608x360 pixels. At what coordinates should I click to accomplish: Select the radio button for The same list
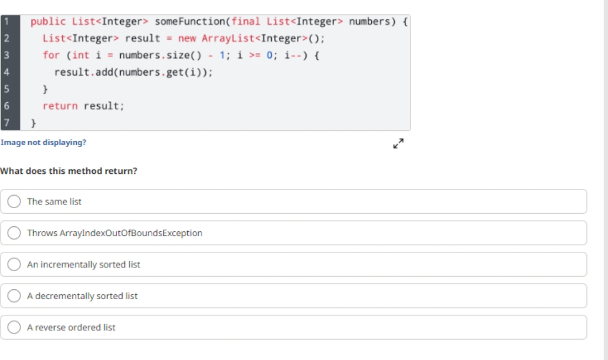pyautogui.click(x=14, y=202)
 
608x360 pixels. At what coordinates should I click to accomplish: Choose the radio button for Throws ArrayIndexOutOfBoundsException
pyautogui.click(x=14, y=233)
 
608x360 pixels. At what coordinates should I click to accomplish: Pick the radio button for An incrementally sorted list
pyautogui.click(x=14, y=264)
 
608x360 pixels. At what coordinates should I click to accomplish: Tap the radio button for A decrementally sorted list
pyautogui.click(x=14, y=295)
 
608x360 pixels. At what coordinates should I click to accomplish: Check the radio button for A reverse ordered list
pyautogui.click(x=14, y=327)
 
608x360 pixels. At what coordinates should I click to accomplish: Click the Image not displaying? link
pyautogui.click(x=44, y=142)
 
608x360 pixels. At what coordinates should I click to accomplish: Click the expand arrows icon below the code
pyautogui.click(x=398, y=144)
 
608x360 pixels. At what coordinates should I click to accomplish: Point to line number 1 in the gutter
pyautogui.click(x=7, y=22)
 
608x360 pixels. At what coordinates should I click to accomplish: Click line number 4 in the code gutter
pyautogui.click(x=7, y=72)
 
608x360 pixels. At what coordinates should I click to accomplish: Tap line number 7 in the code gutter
pyautogui.click(x=7, y=123)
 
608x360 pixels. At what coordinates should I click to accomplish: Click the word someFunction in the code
pyautogui.click(x=190, y=22)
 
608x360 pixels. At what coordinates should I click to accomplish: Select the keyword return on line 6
pyautogui.click(x=60, y=106)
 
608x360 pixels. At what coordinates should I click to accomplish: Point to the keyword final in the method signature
pyautogui.click(x=246, y=22)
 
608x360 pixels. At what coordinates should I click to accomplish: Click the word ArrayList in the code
pyautogui.click(x=228, y=38)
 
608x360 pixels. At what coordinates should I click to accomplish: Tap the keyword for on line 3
pyautogui.click(x=51, y=55)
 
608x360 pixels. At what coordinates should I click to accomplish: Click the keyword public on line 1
pyautogui.click(x=48, y=22)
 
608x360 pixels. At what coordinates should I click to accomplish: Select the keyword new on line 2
pyautogui.click(x=187, y=38)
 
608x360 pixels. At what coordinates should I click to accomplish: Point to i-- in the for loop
pyautogui.click(x=293, y=55)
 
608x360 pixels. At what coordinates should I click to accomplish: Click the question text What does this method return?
pyautogui.click(x=68, y=171)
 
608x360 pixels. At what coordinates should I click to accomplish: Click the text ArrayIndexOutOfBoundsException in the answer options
pyautogui.click(x=131, y=233)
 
